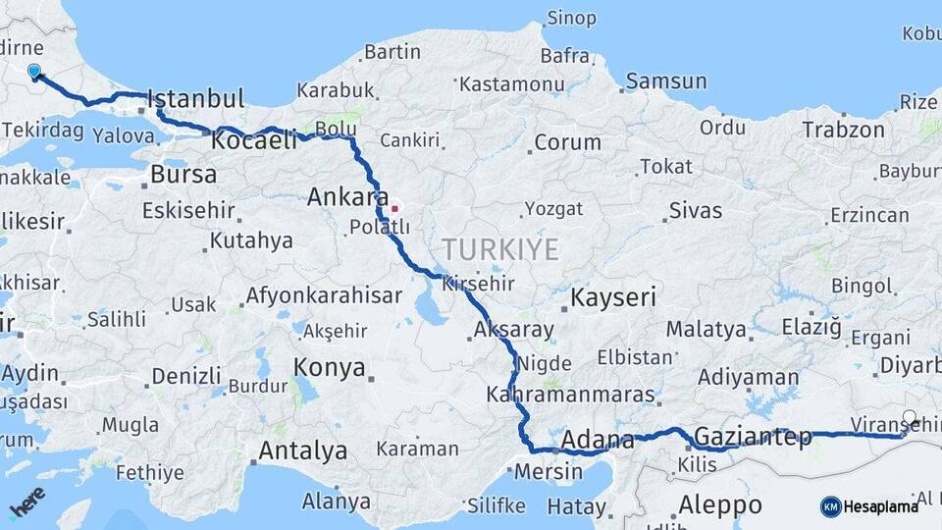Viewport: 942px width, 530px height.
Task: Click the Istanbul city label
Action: click(196, 99)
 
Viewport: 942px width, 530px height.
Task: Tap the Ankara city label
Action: click(347, 196)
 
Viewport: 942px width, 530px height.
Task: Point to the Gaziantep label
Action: click(753, 436)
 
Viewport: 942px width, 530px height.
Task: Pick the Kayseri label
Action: click(613, 297)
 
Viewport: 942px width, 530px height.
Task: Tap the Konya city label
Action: click(330, 368)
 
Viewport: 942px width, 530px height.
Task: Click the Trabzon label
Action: click(843, 130)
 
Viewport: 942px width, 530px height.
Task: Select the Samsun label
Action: click(666, 80)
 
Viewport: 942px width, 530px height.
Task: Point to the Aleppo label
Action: click(720, 504)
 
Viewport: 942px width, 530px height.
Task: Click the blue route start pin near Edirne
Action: click(34, 72)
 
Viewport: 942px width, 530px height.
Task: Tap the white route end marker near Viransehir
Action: click(910, 418)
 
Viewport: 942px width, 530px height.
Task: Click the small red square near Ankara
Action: click(394, 208)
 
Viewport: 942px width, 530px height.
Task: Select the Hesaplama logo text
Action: click(880, 506)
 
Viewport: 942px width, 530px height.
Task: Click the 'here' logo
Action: click(26, 503)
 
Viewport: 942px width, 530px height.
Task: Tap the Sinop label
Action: click(571, 18)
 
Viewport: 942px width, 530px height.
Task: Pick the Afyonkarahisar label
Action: click(324, 295)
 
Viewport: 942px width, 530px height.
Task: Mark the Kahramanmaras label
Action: click(570, 395)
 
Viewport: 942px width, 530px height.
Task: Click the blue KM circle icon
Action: click(830, 506)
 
